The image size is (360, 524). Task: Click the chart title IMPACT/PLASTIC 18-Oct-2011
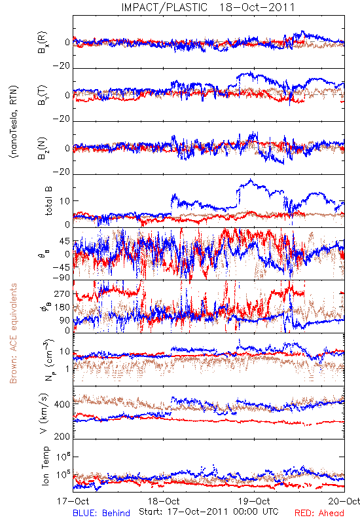pyautogui.click(x=207, y=7)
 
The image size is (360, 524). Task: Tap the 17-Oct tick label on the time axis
pyautogui.click(x=73, y=501)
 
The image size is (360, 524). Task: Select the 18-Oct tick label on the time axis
pyautogui.click(x=164, y=501)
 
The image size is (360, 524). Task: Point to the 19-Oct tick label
pyautogui.click(x=254, y=501)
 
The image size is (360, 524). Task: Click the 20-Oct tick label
pyautogui.click(x=344, y=501)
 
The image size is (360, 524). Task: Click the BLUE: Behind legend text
pyautogui.click(x=101, y=513)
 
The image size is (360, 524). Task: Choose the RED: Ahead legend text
pyautogui.click(x=319, y=513)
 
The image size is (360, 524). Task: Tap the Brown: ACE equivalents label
pyautogui.click(x=13, y=333)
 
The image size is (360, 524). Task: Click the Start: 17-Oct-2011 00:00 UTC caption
pyautogui.click(x=209, y=512)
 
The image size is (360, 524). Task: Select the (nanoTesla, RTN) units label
pyautogui.click(x=14, y=122)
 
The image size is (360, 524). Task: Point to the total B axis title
pyautogui.click(x=48, y=200)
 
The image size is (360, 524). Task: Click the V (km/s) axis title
pyautogui.click(x=44, y=413)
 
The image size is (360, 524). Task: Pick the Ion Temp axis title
pyautogui.click(x=45, y=466)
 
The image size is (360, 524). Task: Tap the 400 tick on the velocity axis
pyautogui.click(x=62, y=404)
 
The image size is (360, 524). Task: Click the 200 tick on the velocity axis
pyautogui.click(x=62, y=436)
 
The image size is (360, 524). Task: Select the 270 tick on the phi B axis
pyautogui.click(x=62, y=293)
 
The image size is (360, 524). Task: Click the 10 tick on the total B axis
pyautogui.click(x=65, y=201)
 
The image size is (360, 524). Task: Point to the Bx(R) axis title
pyautogui.click(x=43, y=43)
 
